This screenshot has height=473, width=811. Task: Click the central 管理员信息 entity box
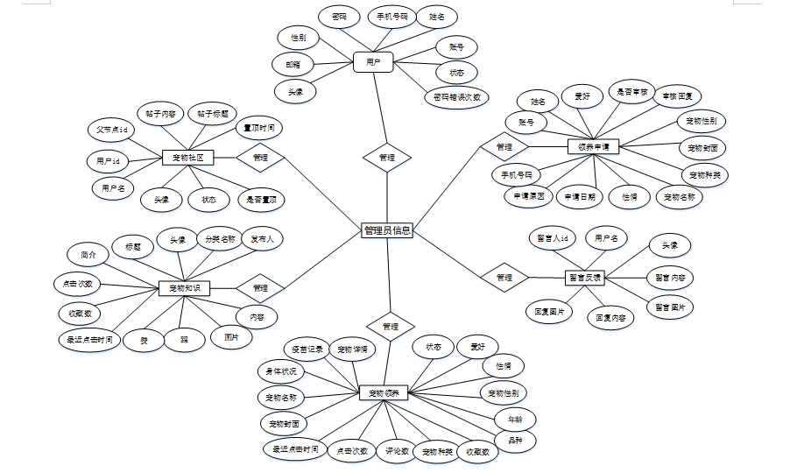pos(387,230)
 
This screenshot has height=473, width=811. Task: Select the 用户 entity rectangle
pos(373,62)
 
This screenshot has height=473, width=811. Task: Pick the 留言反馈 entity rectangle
pos(584,277)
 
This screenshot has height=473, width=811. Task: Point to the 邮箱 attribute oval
pos(292,64)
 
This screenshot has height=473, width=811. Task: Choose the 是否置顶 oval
pos(261,200)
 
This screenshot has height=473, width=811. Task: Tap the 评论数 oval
pos(398,452)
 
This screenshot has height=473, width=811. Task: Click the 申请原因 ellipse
pos(528,196)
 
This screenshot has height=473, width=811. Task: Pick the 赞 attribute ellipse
pos(144,340)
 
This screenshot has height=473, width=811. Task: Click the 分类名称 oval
pos(220,238)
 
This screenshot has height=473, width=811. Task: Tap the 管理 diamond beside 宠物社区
pos(260,158)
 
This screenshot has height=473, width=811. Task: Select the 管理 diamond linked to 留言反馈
pos(504,278)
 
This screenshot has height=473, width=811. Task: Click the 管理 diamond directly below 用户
pos(387,158)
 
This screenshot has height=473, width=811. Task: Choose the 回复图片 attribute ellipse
pos(549,310)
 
